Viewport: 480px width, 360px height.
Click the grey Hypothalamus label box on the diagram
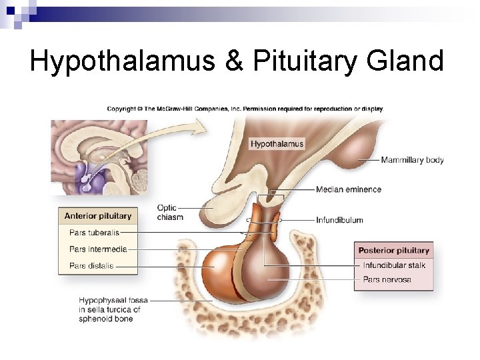pyautogui.click(x=277, y=143)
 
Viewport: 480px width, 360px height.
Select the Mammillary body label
pyautogui.click(x=412, y=160)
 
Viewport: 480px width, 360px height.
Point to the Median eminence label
pyautogui.click(x=349, y=189)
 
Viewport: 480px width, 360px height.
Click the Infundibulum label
pyautogui.click(x=339, y=220)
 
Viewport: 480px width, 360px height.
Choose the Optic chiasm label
pyautogui.click(x=169, y=212)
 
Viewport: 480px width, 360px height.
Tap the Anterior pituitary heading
pyautogui.click(x=98, y=216)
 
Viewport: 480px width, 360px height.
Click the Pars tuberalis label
pyautogui.click(x=94, y=233)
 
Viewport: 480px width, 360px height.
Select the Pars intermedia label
pyautogui.click(x=98, y=249)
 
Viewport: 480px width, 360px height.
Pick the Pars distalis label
pyautogui.click(x=91, y=266)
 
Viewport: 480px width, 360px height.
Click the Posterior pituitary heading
pyautogui.click(x=393, y=251)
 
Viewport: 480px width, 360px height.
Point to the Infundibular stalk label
pyautogui.click(x=394, y=265)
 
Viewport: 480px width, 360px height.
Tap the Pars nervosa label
pyautogui.click(x=387, y=280)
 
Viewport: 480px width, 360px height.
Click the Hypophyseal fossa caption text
pyautogui.click(x=110, y=309)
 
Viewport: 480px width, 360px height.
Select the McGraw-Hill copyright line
pyautogui.click(x=245, y=109)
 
